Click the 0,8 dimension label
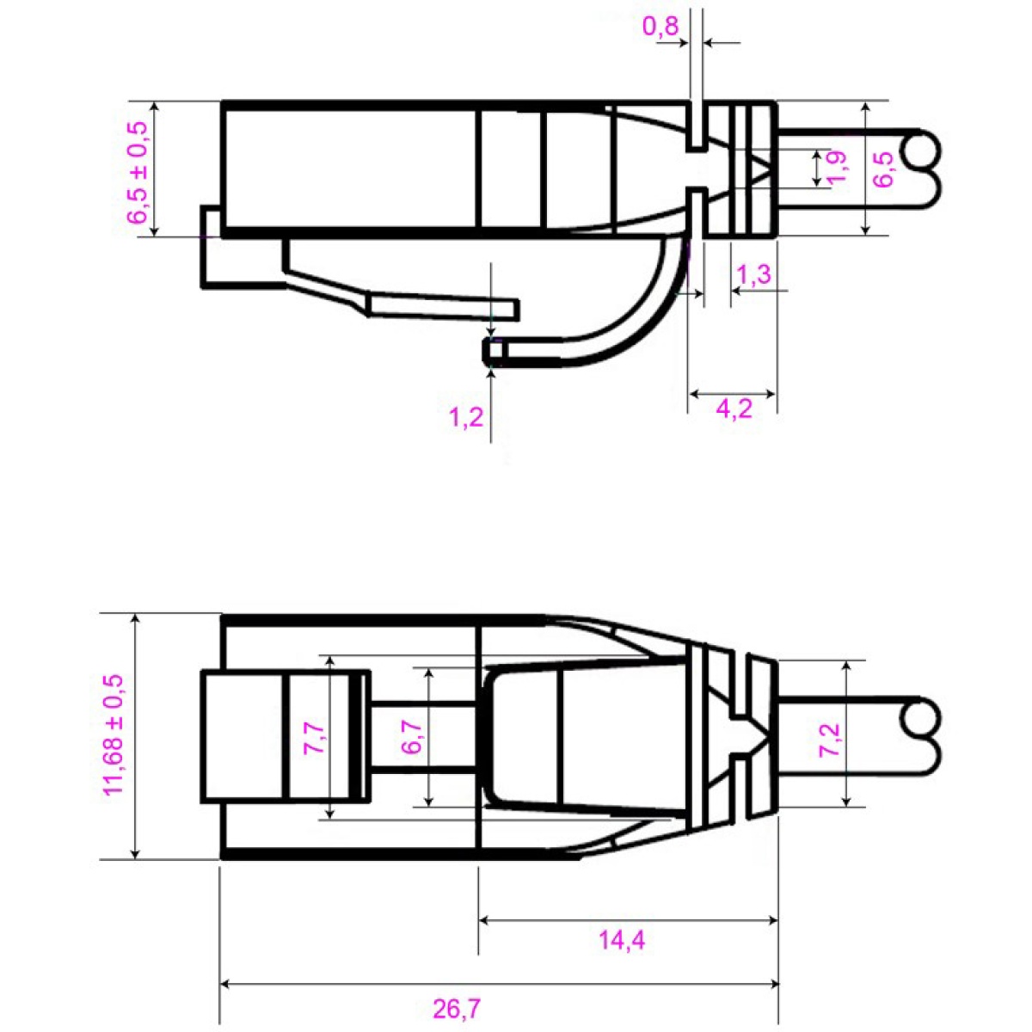660,27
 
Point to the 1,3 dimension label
754,275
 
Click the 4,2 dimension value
734,408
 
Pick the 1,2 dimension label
466,419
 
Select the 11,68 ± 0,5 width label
114,735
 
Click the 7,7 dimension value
315,739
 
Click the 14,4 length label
622,940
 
